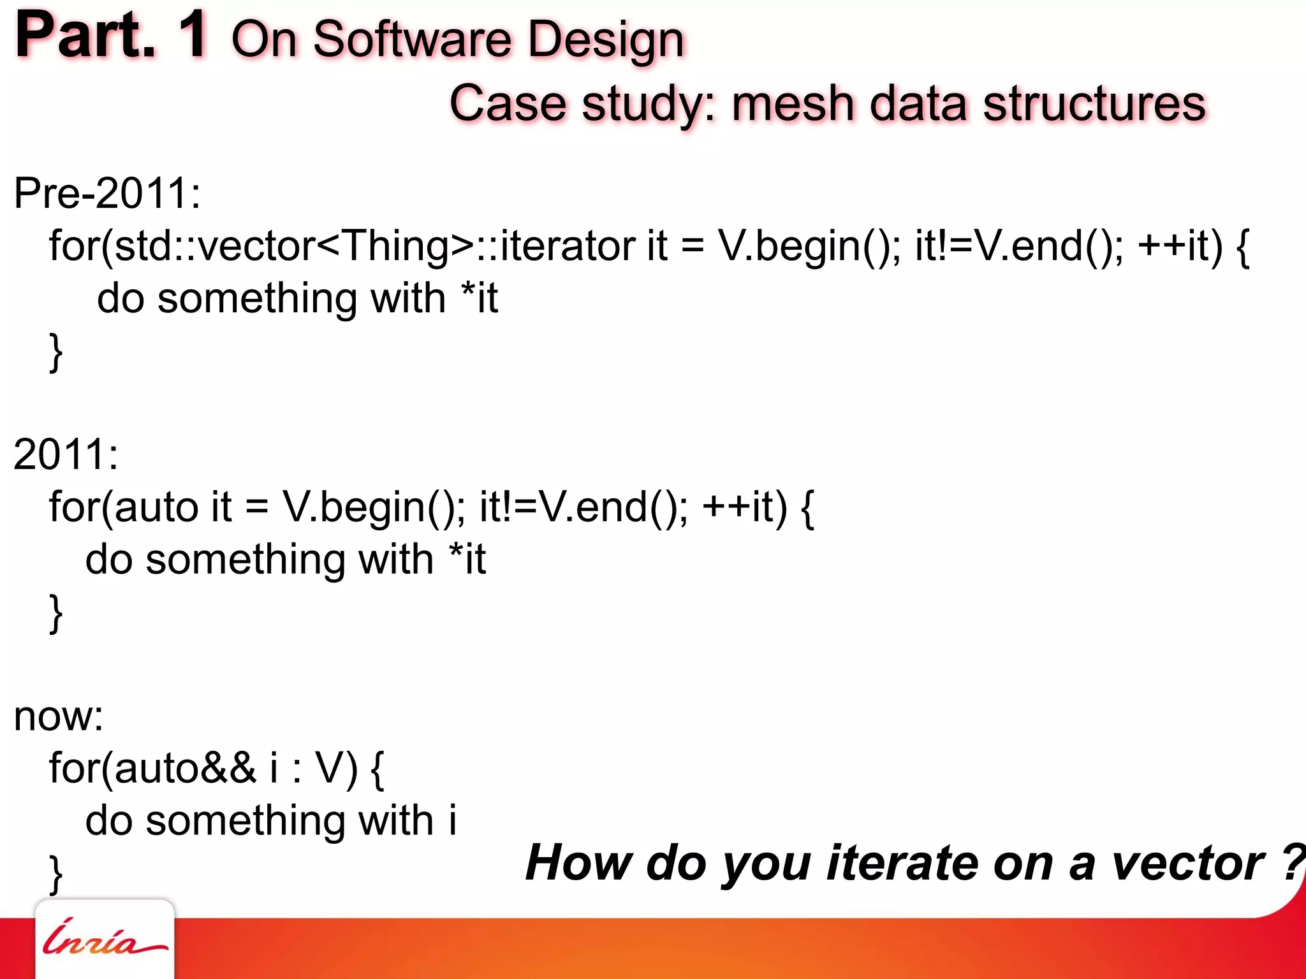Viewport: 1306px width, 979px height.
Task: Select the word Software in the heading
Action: click(413, 40)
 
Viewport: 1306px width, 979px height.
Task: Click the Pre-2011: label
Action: click(107, 193)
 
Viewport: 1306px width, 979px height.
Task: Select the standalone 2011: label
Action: click(66, 454)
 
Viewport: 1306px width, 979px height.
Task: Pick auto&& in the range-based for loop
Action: click(185, 768)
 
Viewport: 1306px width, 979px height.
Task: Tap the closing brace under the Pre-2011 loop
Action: click(56, 352)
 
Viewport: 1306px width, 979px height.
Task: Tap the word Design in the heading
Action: click(606, 41)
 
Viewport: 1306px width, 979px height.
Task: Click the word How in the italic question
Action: click(578, 862)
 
